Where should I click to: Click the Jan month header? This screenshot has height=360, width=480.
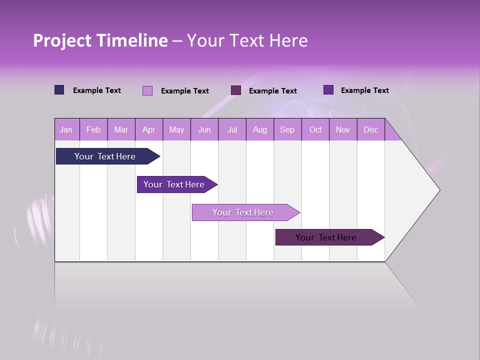(x=66, y=129)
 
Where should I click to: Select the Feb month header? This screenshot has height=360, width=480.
(x=93, y=129)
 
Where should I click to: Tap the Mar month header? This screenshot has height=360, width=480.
(x=121, y=129)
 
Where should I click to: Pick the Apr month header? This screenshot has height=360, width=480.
(x=148, y=129)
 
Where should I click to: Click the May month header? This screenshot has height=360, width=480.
(x=176, y=129)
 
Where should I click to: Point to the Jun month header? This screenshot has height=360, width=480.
(x=204, y=129)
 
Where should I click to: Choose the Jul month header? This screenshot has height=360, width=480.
(x=232, y=129)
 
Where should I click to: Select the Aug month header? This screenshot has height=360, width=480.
(x=259, y=129)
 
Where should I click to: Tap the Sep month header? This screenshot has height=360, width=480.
(x=287, y=129)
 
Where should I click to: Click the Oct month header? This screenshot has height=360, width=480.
(x=315, y=129)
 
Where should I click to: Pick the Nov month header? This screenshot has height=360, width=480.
(x=343, y=129)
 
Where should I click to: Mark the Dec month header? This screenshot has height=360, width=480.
(x=370, y=129)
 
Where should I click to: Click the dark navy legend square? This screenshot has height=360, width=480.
(x=59, y=90)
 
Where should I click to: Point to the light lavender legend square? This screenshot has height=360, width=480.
(x=147, y=90)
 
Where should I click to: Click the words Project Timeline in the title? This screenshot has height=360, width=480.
(x=100, y=40)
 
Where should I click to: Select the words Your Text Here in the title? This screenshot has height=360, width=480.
(x=247, y=40)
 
